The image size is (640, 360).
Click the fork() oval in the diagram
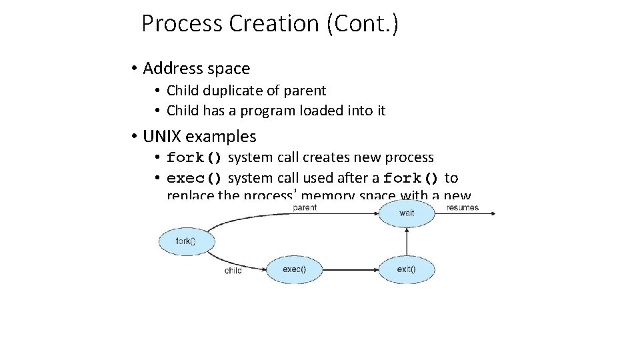(187, 241)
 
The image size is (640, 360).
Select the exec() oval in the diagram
(294, 269)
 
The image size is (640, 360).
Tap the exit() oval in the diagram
(406, 269)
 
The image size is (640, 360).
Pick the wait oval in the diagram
(406, 213)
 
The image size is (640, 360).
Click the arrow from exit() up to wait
(407, 241)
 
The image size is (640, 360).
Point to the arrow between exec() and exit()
(350, 270)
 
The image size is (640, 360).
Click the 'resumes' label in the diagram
(463, 207)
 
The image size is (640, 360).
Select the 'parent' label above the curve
(305, 207)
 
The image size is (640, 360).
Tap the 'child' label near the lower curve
(233, 271)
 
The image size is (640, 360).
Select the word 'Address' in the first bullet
(171, 69)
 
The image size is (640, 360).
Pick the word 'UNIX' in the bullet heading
(162, 137)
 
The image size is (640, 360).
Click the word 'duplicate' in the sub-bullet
(227, 91)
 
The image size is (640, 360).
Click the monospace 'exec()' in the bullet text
(195, 178)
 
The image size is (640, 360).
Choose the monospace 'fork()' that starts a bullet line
(195, 158)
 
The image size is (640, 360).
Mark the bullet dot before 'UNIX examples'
(134, 137)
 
